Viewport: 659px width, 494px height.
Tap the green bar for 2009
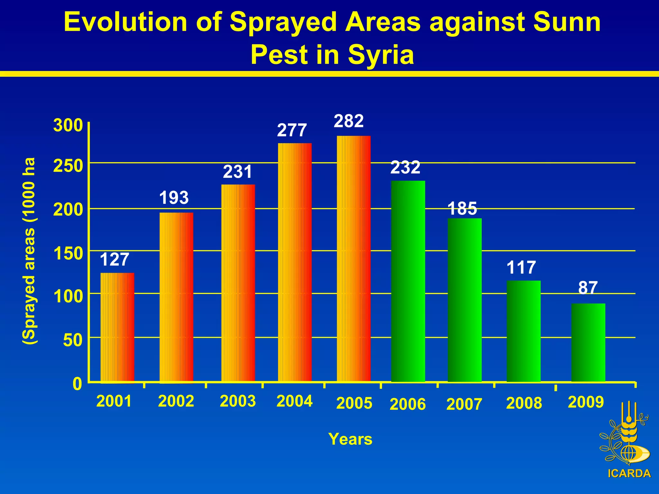588,342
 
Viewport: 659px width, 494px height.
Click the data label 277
292,130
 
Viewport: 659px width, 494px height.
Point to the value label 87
588,288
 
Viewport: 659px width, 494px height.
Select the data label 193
174,197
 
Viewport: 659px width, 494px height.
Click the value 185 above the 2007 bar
462,208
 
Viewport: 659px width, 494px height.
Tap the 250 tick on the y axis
68,166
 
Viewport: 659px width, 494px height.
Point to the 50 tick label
73,340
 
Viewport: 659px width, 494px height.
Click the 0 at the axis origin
78,384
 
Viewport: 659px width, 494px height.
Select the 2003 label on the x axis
238,401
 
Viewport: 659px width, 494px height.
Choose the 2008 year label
524,403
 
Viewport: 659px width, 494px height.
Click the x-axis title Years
350,439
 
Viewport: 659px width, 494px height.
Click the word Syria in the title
381,55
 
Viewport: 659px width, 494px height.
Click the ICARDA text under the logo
629,473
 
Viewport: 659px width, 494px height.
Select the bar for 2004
295,262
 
